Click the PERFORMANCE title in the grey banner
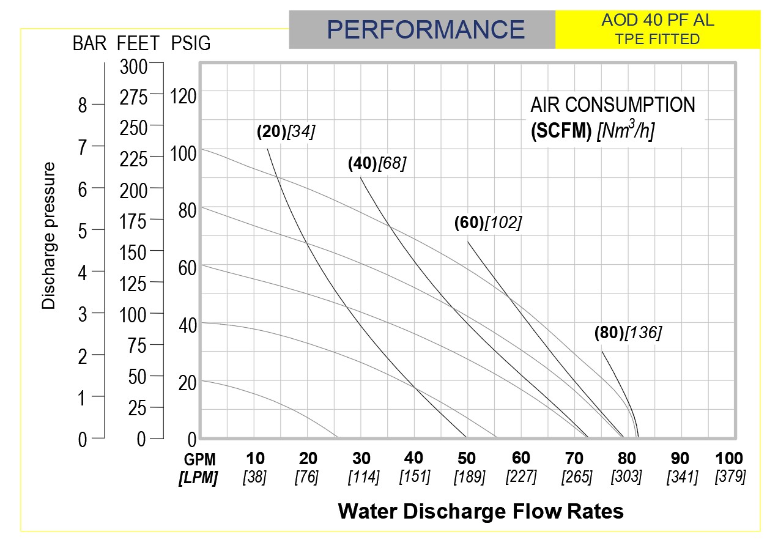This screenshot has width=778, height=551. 426,29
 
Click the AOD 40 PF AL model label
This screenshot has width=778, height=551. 658,20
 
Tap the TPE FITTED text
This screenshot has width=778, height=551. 658,40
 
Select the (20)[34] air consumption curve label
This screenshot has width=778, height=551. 286,131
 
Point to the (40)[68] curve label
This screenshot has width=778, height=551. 377,163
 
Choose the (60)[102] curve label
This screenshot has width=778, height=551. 487,223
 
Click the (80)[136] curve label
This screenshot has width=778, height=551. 628,333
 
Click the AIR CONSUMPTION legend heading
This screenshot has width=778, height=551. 613,105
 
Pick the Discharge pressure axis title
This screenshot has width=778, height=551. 49,235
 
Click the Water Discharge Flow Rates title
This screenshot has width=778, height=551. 481,511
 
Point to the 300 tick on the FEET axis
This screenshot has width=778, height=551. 133,67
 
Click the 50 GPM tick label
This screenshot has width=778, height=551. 467,459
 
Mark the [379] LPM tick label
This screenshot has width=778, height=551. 730,476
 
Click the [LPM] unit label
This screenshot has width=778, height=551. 198,478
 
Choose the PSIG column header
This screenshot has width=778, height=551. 191,44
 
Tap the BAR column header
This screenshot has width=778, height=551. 90,44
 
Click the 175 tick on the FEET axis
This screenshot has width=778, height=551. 133,221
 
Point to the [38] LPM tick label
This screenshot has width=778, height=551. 255,477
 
